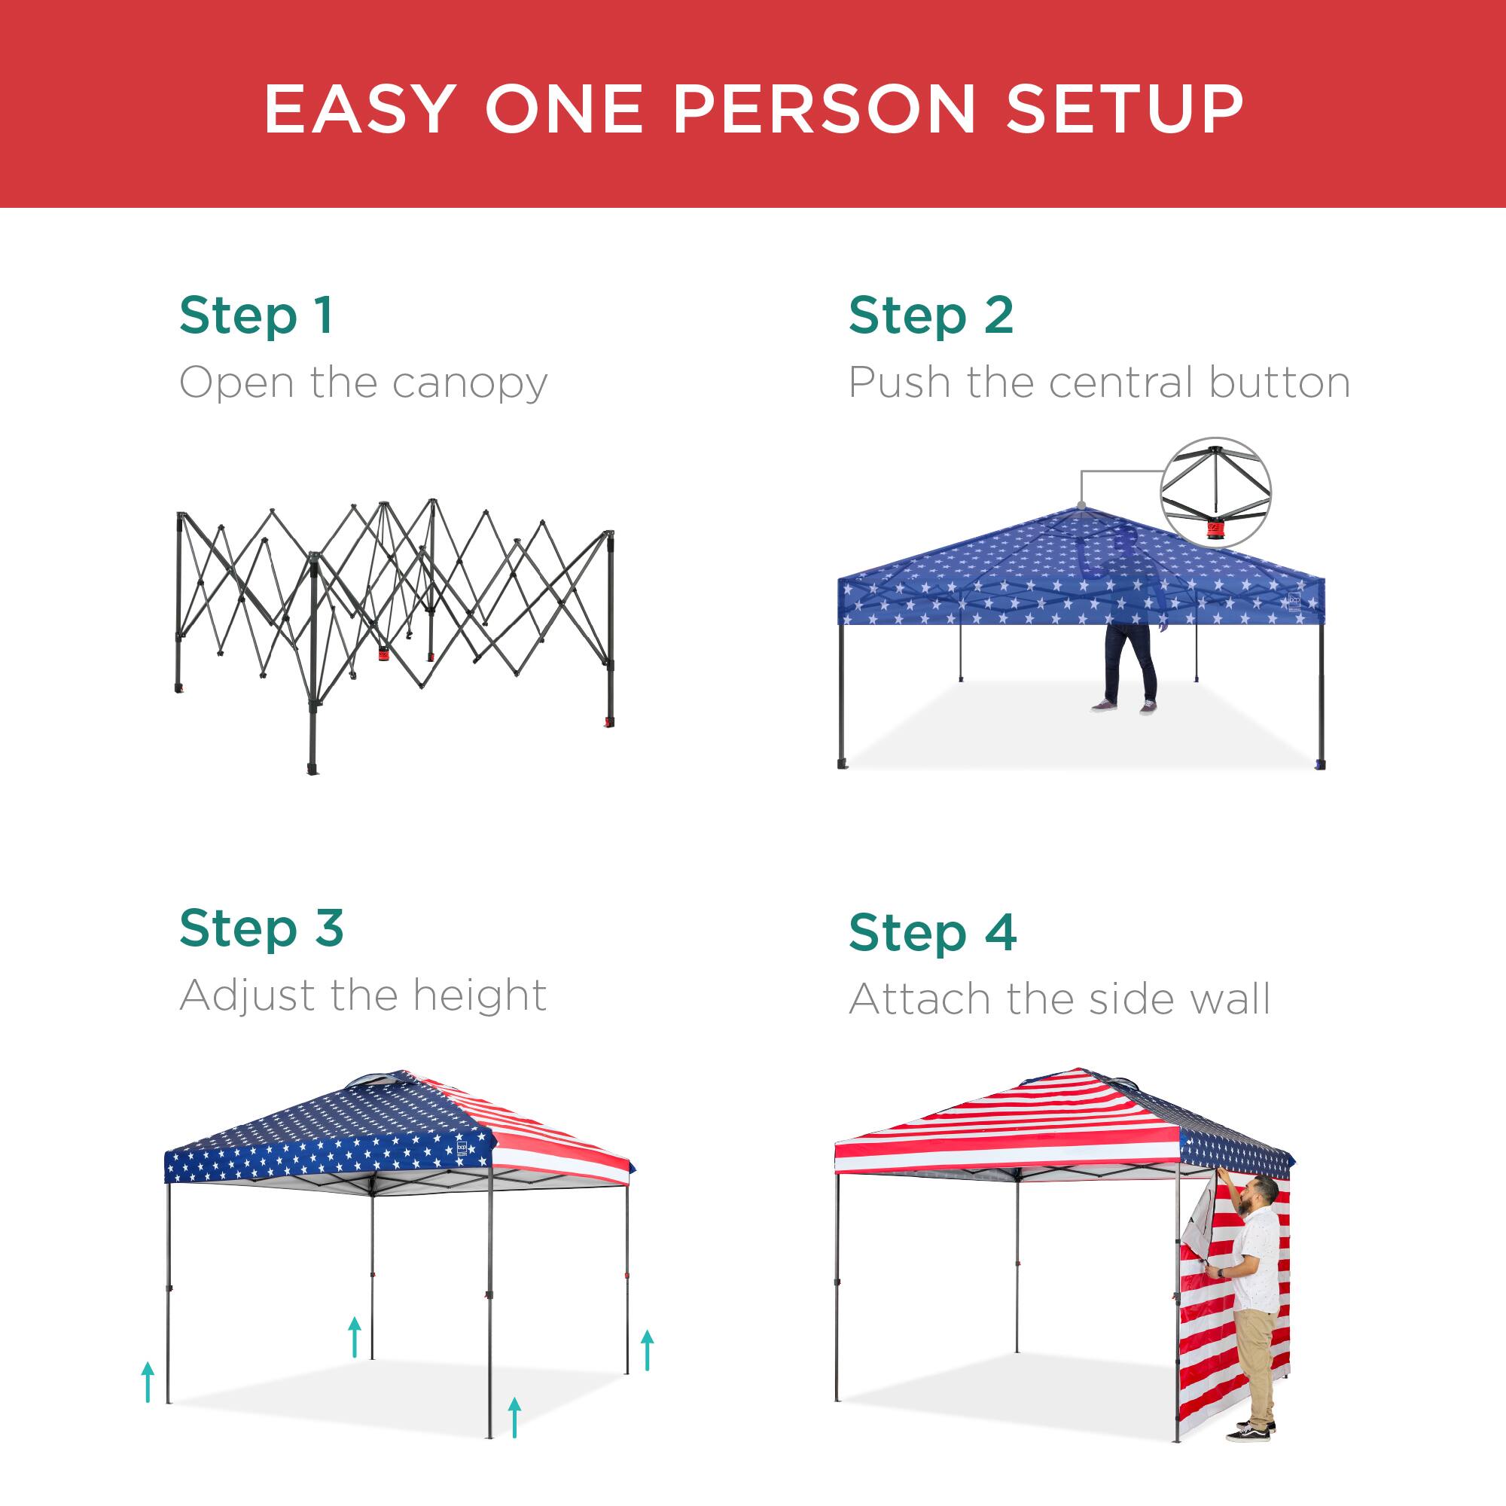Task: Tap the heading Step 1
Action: click(257, 316)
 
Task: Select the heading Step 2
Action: click(931, 316)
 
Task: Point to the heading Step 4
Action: click(932, 933)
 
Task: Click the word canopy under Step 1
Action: click(469, 384)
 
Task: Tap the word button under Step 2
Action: click(1279, 383)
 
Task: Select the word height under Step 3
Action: click(479, 995)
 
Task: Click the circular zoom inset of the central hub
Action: click(1215, 492)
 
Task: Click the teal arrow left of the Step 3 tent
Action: click(148, 1382)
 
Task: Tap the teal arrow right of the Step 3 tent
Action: click(647, 1351)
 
